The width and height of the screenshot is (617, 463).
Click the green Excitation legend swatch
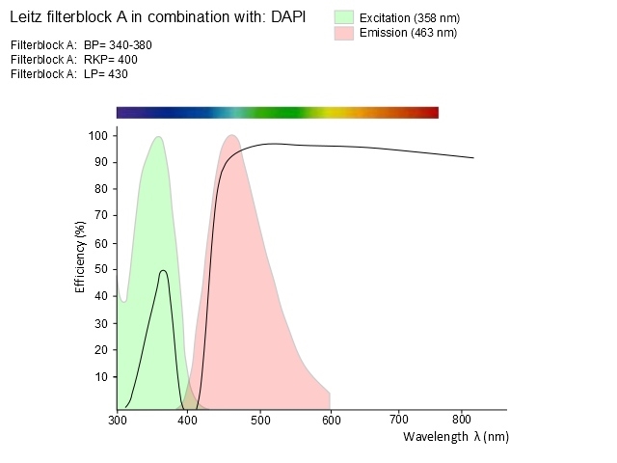point(344,17)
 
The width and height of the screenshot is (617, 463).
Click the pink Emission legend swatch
point(344,33)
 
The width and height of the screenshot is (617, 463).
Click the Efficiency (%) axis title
point(81,256)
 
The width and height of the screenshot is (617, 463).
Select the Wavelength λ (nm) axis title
point(455,437)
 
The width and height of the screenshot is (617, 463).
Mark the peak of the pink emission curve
point(231,135)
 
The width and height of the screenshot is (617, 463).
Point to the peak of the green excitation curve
point(157,137)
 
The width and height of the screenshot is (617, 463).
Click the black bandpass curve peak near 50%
point(164,271)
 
